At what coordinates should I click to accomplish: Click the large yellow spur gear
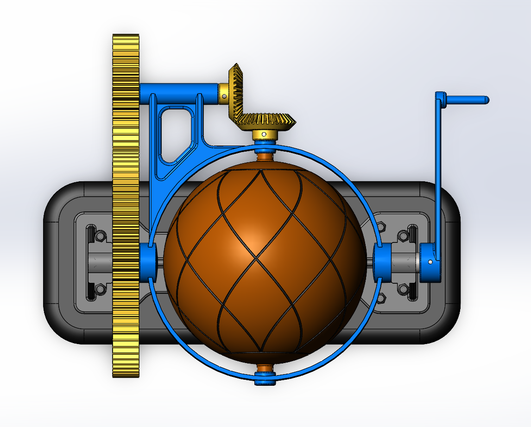click(126, 206)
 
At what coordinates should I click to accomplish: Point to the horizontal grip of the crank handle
click(466, 100)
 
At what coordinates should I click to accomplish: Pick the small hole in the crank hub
click(430, 262)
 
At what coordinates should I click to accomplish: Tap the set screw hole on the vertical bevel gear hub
click(225, 96)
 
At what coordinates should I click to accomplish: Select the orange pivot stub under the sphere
click(265, 368)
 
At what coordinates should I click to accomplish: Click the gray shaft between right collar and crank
click(406, 262)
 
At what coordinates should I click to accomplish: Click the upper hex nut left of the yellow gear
click(100, 236)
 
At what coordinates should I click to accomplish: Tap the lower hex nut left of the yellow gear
click(100, 290)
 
